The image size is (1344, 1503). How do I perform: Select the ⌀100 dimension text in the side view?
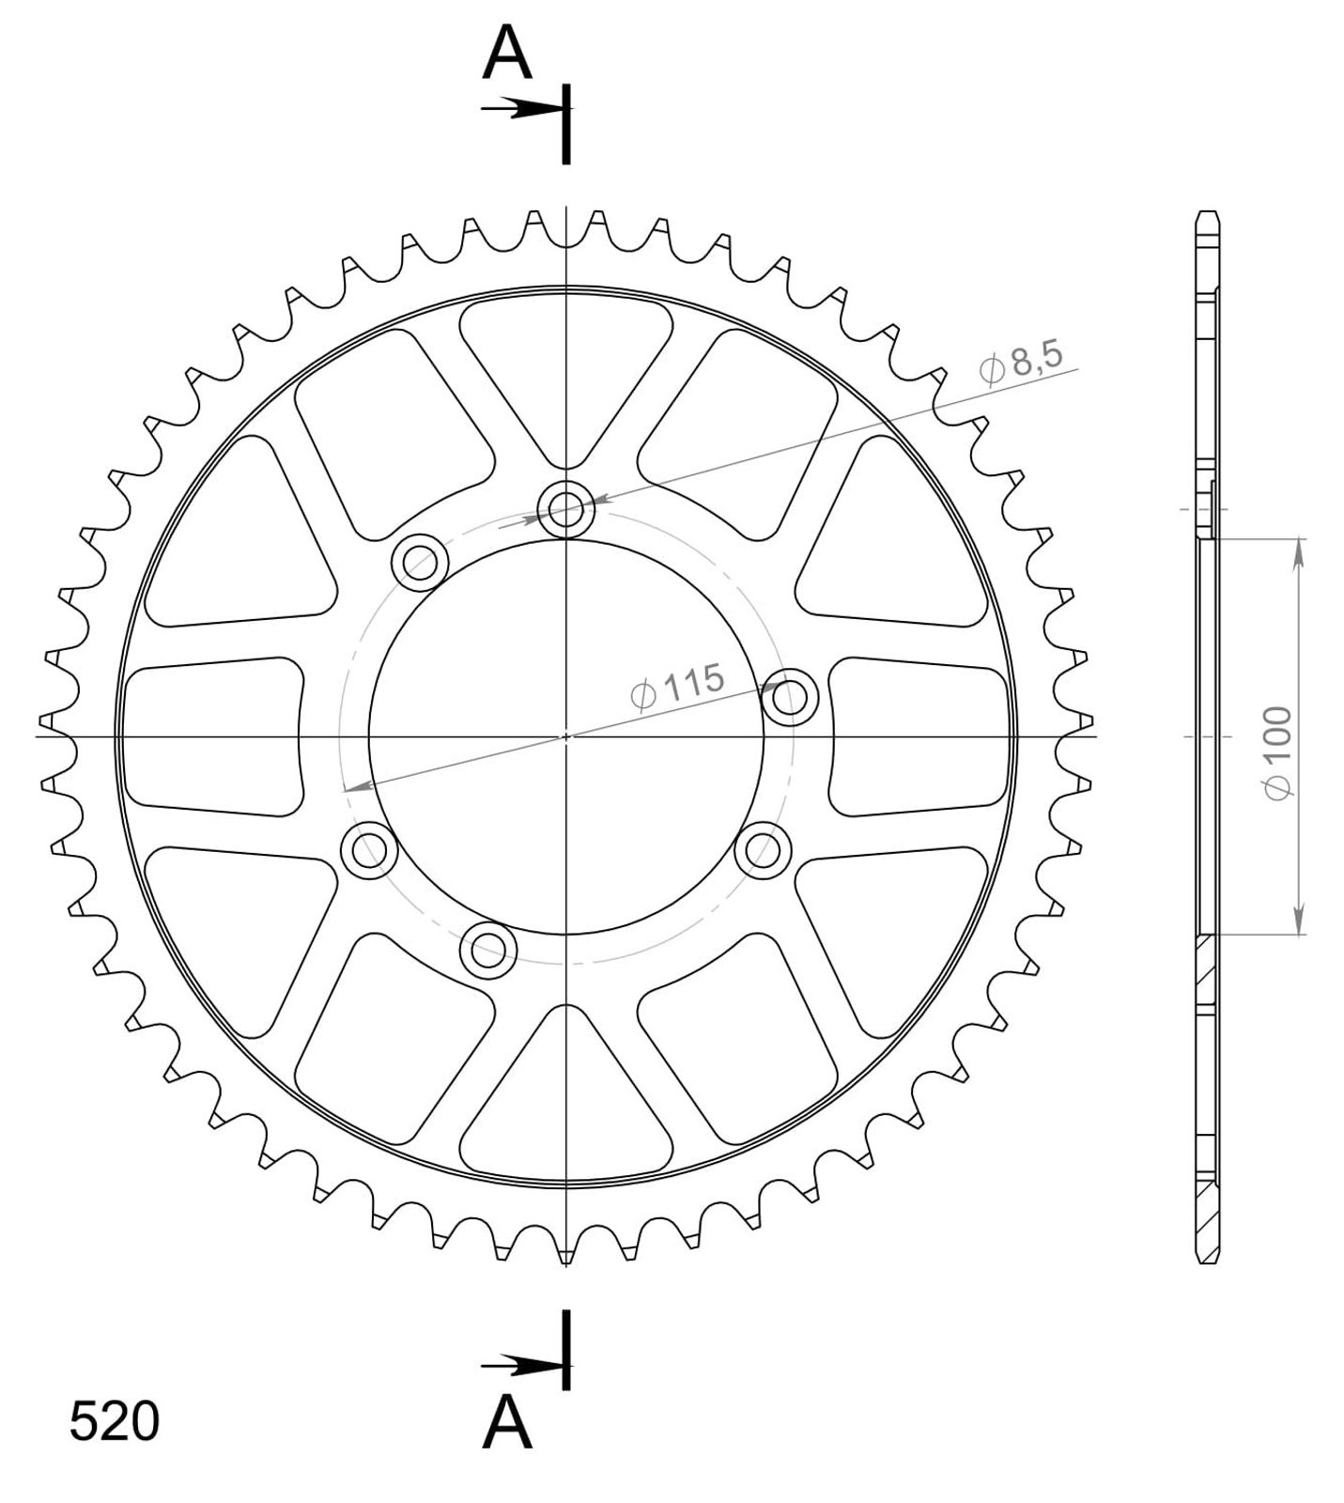coord(1278,753)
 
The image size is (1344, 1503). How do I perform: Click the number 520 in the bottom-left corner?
coord(115,1421)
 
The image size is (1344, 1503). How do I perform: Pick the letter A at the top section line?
coord(507,54)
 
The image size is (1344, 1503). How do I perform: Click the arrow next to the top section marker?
coord(521,109)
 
